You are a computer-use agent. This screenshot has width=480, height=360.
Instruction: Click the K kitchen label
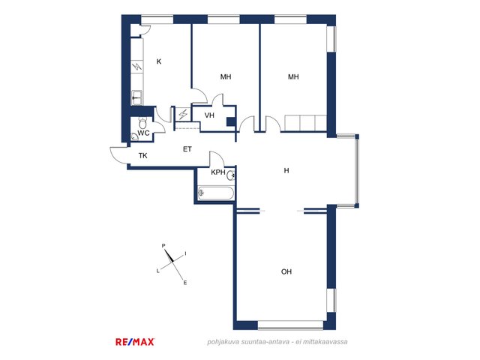[159, 61]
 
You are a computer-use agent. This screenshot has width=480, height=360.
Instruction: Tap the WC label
[143, 133]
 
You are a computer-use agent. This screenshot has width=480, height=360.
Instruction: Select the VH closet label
[209, 115]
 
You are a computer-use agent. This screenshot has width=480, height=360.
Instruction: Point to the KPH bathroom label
[218, 172]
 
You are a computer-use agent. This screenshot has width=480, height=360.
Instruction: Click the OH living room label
[286, 271]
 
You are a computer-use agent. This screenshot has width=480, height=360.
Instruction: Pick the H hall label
[286, 170]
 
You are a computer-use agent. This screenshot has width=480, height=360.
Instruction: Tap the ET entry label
[187, 149]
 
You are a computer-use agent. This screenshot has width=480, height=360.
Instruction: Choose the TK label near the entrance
[143, 155]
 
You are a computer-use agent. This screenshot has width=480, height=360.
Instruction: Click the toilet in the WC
[142, 122]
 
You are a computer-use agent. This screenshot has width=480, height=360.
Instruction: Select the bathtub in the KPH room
[215, 193]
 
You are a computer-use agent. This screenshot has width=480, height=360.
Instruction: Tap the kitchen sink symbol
[136, 97]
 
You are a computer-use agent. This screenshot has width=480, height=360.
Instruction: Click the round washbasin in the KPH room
[231, 175]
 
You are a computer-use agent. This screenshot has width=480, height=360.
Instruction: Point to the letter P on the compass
[163, 245]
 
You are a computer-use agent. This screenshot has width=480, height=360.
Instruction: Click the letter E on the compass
[185, 283]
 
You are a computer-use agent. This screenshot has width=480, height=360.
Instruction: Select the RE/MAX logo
[135, 342]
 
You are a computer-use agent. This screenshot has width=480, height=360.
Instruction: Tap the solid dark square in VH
[231, 121]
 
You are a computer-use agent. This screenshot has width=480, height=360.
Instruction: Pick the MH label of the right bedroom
[293, 76]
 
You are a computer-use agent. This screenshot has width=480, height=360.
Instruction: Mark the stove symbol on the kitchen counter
[137, 67]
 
